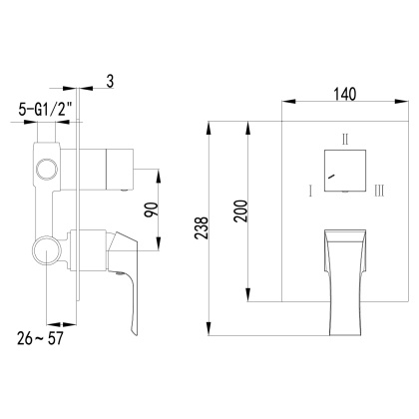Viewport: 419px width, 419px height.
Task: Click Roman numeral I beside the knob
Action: [312, 187]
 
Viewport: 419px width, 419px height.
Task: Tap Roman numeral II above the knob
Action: [345, 140]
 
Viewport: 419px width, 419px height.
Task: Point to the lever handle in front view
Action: [344, 261]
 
